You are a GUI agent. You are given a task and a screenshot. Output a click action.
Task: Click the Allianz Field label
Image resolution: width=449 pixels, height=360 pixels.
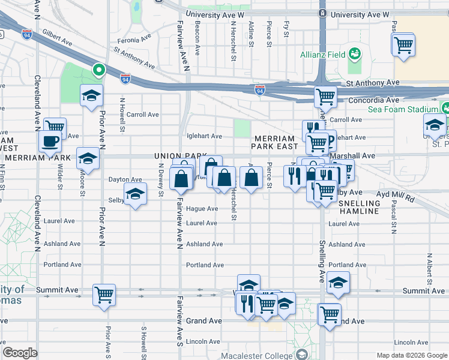click(x=323, y=55)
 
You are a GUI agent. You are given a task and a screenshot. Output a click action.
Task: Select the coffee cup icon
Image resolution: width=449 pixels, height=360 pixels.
click(x=50, y=141)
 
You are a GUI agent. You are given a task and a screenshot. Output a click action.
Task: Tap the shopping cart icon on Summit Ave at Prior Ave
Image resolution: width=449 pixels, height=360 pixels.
click(x=104, y=295)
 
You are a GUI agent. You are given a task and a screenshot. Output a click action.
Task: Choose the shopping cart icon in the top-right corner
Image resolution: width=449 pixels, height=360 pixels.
click(x=403, y=44)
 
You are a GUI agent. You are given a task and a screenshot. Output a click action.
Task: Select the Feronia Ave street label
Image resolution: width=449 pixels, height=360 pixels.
click(x=135, y=40)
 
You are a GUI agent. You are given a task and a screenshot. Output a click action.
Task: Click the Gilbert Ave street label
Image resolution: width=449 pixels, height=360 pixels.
click(x=58, y=43)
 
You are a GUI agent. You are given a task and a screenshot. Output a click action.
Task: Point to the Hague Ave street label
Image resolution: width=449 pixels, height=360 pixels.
click(x=202, y=209)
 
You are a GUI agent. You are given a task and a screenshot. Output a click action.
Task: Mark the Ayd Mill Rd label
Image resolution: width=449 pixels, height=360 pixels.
click(x=396, y=196)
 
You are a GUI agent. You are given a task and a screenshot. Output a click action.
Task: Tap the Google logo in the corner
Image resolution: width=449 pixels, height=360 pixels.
click(x=20, y=353)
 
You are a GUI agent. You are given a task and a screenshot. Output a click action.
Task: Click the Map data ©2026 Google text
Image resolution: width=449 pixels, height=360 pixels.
click(x=411, y=355)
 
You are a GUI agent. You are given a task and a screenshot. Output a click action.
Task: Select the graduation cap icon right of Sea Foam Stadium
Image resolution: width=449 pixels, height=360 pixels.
click(x=434, y=125)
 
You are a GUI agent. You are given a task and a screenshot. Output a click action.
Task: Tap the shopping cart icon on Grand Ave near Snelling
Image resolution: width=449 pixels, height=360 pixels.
click(x=330, y=313)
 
